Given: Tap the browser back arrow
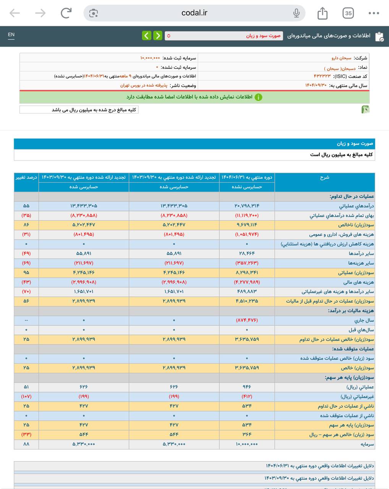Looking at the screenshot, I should click(15, 13).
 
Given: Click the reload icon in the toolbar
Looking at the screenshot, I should click(66, 13).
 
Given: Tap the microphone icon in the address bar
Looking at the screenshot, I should click(296, 13).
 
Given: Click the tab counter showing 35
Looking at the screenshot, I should click(348, 13).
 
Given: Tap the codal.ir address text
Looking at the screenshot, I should click(194, 13).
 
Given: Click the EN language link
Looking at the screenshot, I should click(11, 35).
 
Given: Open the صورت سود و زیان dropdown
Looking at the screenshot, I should click(224, 36).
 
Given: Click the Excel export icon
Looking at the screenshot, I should click(365, 110).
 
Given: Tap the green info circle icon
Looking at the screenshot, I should click(258, 97).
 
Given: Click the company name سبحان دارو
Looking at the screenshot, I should click(341, 58).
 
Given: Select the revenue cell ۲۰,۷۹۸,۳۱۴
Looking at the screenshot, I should click(247, 206).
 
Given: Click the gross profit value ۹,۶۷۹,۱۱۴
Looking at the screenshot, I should click(247, 225).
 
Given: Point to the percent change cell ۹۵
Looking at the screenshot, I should click(26, 273).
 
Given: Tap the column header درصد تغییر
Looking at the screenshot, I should click(26, 178).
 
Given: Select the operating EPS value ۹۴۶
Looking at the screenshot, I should click(247, 387).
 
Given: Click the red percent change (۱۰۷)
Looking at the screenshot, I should click(26, 397).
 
